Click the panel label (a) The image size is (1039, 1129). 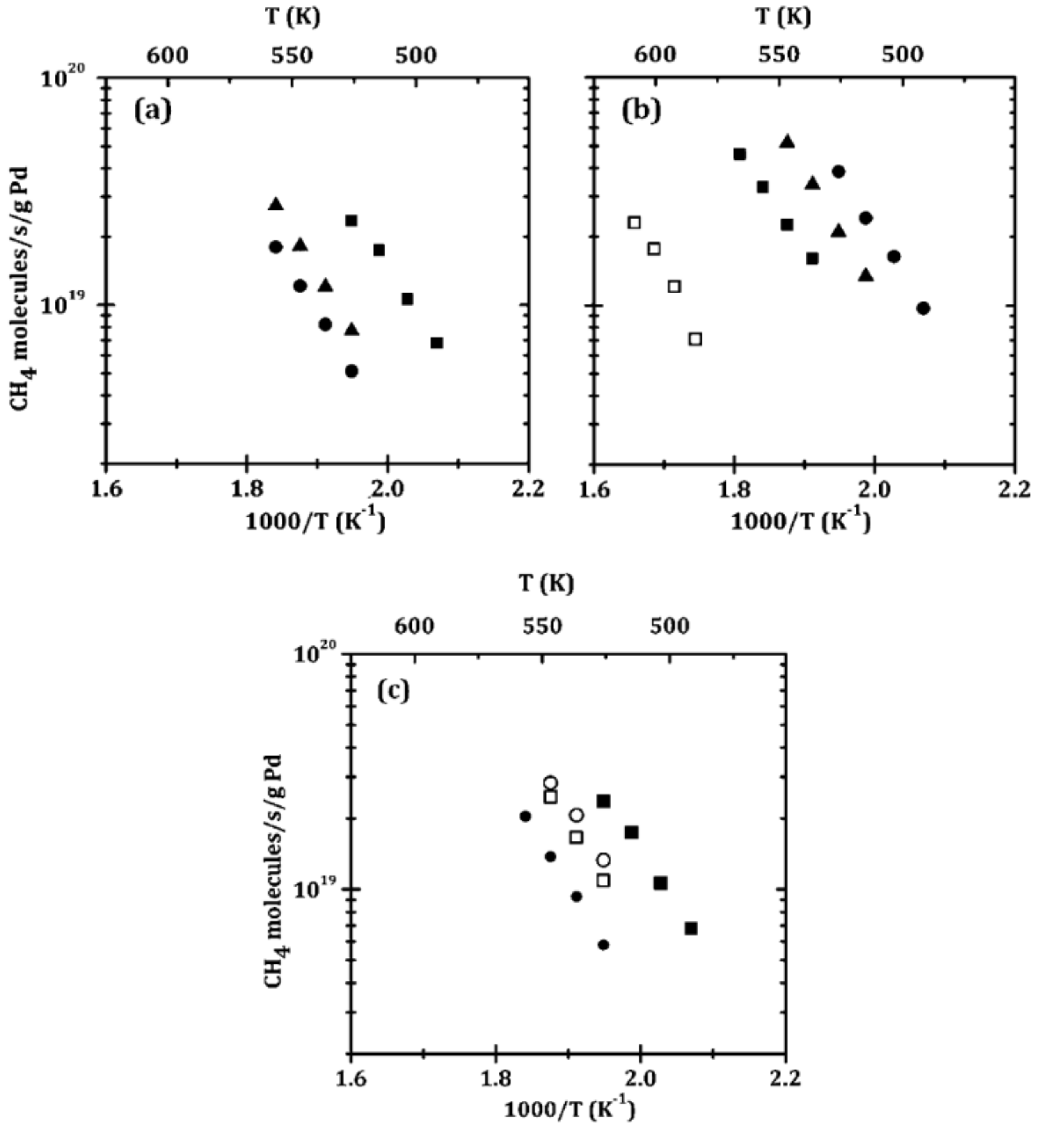click(153, 111)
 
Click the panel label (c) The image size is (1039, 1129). click(393, 690)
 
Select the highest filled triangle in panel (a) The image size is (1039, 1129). click(275, 204)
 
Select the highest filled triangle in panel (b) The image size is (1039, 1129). click(788, 142)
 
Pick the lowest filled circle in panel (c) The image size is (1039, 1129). click(603, 944)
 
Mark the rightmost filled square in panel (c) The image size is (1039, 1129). click(691, 928)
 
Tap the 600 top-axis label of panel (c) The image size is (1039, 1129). click(414, 626)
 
